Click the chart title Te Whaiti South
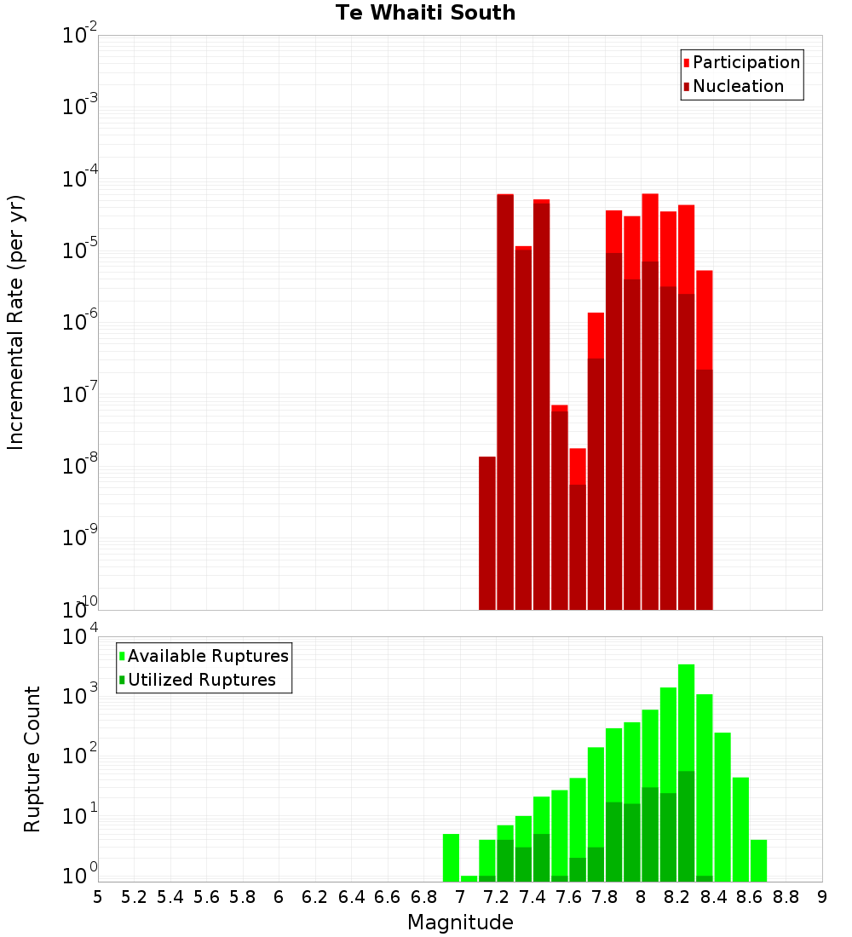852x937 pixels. coord(425,13)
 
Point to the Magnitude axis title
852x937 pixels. coord(460,923)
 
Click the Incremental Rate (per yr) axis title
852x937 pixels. coord(16,322)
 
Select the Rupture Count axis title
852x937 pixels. coord(32,759)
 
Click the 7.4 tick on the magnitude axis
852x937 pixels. coord(532,897)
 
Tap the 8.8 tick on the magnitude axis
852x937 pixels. coord(786,897)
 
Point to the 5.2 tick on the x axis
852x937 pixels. coord(134,897)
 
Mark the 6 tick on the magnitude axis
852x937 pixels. coord(279,897)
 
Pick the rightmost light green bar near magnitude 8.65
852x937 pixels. coord(758,860)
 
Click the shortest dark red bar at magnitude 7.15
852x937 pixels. coord(486,532)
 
